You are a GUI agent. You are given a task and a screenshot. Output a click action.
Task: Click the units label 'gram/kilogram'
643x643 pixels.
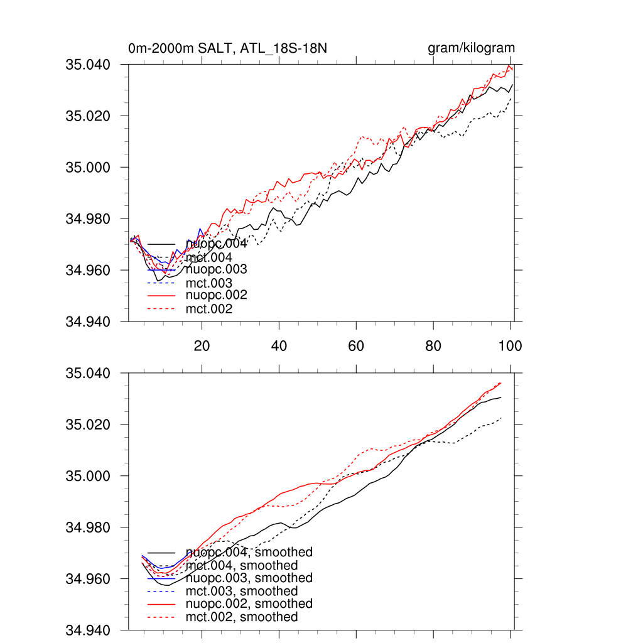pyautogui.click(x=471, y=48)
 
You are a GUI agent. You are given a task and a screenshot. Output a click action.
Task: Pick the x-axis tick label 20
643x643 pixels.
pyautogui.click(x=202, y=346)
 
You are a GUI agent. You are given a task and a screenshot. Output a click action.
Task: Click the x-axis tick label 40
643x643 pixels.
pyautogui.click(x=279, y=346)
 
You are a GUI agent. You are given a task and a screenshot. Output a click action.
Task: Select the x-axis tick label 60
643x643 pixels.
pyautogui.click(x=356, y=346)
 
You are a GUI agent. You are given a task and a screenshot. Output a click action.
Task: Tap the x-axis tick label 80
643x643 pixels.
pyautogui.click(x=433, y=346)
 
